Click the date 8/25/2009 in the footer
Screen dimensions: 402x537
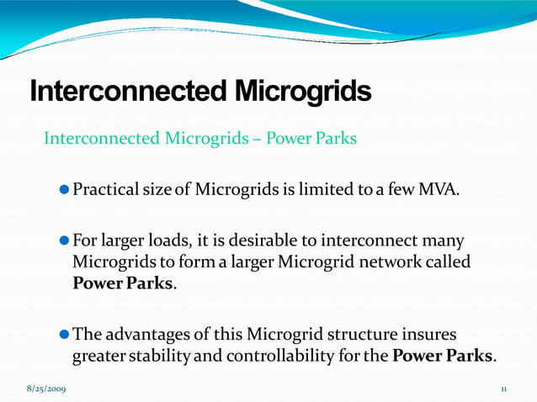tap(47, 389)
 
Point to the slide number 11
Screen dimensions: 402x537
tap(503, 389)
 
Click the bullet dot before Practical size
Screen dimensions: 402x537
tap(66, 187)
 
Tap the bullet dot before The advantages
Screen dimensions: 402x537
tap(66, 335)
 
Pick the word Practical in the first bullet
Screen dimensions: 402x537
tap(105, 186)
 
